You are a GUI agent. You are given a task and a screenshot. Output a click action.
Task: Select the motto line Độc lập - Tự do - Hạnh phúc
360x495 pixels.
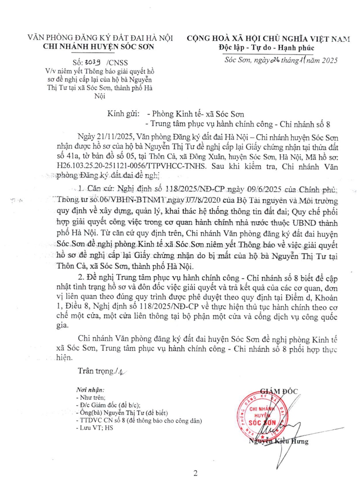pos(266,48)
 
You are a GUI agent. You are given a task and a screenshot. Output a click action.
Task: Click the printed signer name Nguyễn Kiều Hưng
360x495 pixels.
pos(278,442)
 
